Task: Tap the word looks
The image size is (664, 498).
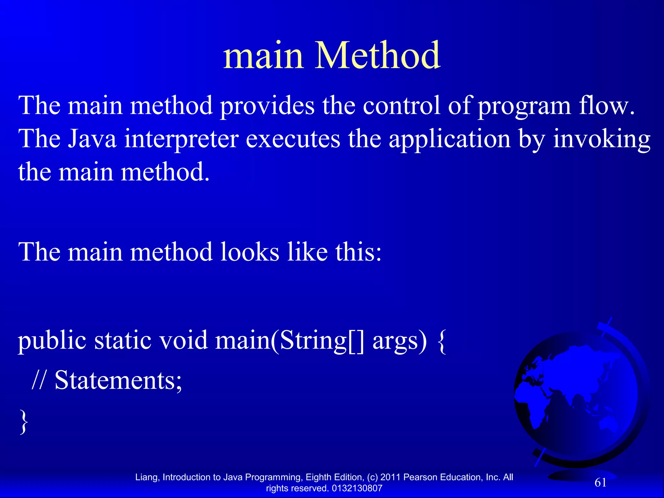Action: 250,252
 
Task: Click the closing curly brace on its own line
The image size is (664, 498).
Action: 23,421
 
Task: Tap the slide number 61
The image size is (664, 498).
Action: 600,482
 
